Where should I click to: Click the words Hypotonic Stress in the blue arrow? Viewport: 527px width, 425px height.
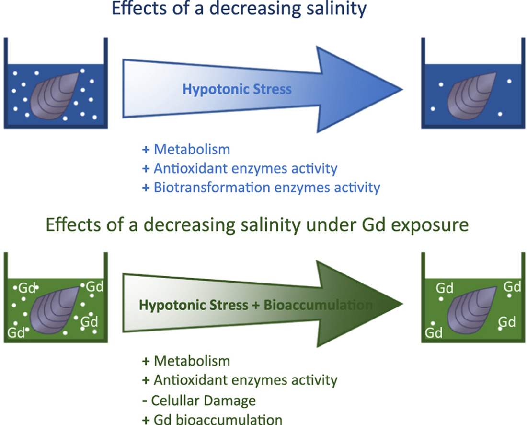pyautogui.click(x=237, y=89)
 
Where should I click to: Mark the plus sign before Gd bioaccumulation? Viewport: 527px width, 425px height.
pyautogui.click(x=146, y=419)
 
